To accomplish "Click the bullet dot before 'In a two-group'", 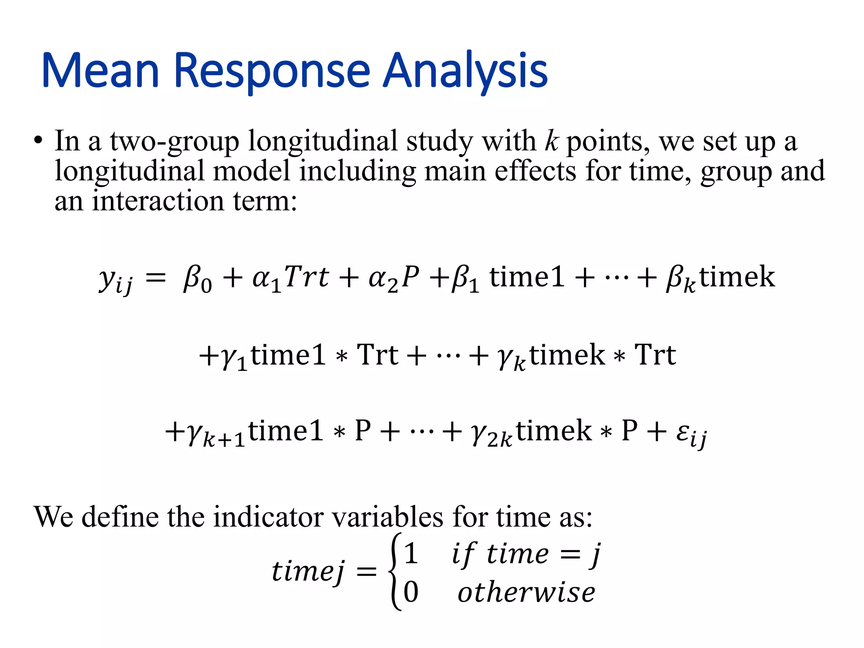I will (x=38, y=141).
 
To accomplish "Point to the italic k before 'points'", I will (x=551, y=141).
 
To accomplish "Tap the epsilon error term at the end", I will (x=691, y=435).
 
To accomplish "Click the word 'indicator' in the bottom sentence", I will (x=270, y=516).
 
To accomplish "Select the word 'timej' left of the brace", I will (x=308, y=572).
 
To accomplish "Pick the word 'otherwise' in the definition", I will (x=526, y=592).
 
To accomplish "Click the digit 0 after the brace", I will (x=411, y=591).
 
